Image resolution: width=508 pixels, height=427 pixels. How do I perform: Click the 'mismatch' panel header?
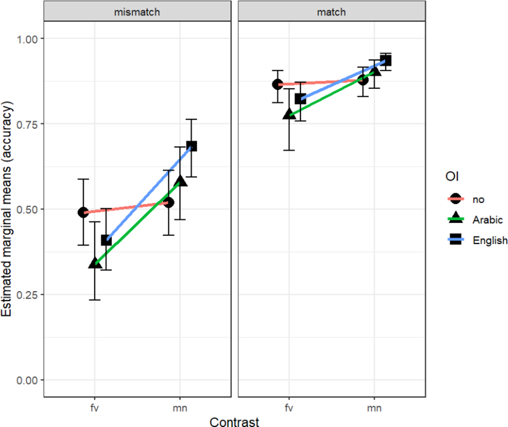coord(137,12)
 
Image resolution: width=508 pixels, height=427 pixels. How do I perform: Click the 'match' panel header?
coord(331,12)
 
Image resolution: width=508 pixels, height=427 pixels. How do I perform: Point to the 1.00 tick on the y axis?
coord(27,39)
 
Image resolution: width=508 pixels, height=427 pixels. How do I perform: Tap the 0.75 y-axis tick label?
coord(27,124)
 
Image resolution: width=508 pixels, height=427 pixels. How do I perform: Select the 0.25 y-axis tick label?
coord(27,295)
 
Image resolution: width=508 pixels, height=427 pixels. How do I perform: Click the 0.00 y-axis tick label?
coord(27,380)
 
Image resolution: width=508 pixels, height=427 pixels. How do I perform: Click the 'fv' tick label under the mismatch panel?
coord(94,408)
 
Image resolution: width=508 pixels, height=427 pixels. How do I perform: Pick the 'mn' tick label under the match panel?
coord(374,408)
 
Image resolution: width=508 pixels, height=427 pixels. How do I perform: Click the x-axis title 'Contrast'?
coord(234,422)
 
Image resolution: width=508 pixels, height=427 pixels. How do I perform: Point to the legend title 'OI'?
coord(452,176)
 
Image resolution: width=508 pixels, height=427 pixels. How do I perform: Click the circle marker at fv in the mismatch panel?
coord(83,212)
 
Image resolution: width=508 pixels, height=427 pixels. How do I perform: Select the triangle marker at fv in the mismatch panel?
coord(95,263)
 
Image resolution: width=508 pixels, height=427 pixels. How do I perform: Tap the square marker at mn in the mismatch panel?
coord(192,146)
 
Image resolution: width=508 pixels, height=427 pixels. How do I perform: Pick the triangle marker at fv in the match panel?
coord(289,114)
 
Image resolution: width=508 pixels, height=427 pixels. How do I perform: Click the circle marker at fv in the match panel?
coord(278,85)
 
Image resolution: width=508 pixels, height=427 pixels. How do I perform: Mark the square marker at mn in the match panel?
coord(386,61)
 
